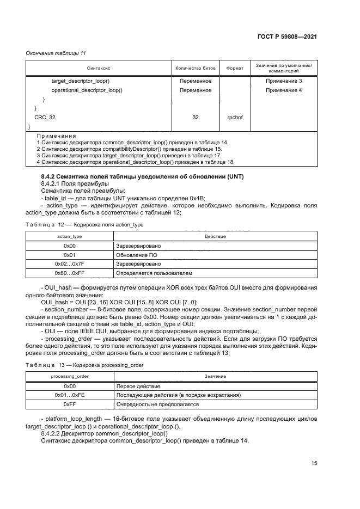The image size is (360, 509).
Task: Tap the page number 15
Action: point(314,463)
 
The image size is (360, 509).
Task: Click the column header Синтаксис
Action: point(99,69)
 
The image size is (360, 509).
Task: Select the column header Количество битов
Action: point(195,69)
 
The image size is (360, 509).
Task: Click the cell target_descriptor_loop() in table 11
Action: point(81,81)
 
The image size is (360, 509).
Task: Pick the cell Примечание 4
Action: point(283,90)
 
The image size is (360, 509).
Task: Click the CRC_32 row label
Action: point(45,117)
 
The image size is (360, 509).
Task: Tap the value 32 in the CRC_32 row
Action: point(195,117)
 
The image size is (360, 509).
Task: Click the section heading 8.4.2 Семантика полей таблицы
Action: point(143,177)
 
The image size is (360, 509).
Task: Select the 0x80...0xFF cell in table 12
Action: point(69,272)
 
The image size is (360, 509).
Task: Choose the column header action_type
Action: point(69,236)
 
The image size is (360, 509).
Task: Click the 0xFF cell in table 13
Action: point(69,404)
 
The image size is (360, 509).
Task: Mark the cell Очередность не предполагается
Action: point(157,404)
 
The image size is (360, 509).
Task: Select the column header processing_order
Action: point(69,376)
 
